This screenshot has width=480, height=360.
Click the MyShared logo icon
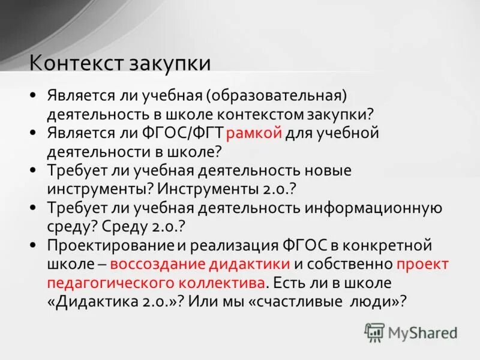374,332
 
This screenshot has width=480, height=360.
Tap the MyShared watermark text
422,332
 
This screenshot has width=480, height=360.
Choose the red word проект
422,264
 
